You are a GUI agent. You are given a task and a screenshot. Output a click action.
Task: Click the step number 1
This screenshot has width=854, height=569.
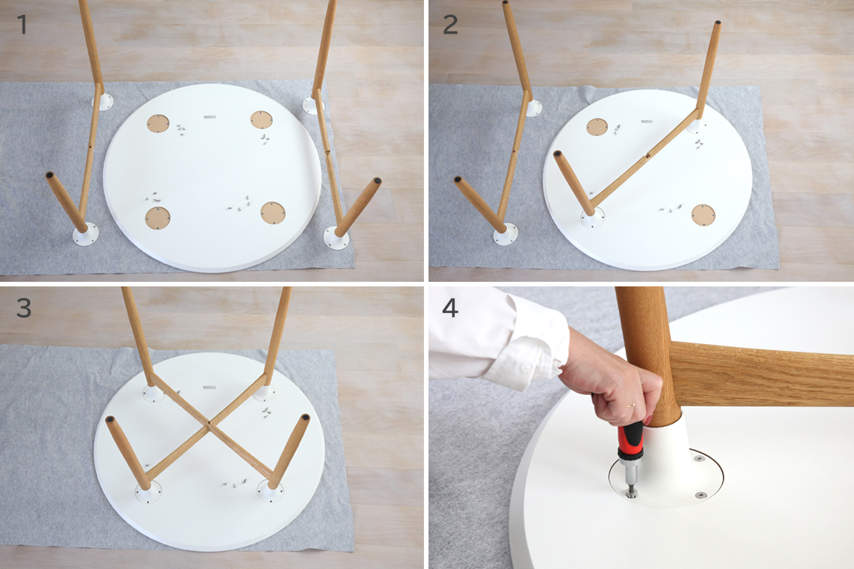[22, 25]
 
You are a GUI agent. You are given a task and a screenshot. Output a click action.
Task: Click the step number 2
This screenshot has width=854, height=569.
[450, 25]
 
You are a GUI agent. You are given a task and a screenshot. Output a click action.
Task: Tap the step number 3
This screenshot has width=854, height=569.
[23, 308]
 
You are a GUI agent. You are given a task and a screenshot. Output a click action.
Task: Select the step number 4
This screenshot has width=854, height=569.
[450, 308]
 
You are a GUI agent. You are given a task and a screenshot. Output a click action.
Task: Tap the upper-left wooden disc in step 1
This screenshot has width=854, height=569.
[158, 123]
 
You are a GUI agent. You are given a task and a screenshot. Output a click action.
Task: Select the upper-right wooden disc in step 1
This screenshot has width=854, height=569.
[262, 120]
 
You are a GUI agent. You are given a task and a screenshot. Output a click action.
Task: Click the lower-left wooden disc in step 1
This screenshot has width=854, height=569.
[158, 218]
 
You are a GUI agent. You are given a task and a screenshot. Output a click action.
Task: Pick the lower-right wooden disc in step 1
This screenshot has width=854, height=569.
[273, 213]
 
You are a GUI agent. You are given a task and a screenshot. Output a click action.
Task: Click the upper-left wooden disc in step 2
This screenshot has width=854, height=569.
[597, 127]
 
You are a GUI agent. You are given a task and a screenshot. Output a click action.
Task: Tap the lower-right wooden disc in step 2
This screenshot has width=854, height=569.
[703, 215]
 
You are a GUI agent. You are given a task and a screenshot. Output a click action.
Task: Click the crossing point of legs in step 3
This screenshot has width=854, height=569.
[209, 423]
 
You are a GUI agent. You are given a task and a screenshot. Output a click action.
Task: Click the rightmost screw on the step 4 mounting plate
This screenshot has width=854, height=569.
[700, 495]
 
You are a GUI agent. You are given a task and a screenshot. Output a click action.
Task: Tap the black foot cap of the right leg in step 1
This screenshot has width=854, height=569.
[377, 181]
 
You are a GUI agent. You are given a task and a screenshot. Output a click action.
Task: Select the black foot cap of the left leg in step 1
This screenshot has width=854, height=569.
[50, 176]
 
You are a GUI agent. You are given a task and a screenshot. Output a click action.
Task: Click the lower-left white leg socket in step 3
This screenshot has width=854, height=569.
[148, 492]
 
